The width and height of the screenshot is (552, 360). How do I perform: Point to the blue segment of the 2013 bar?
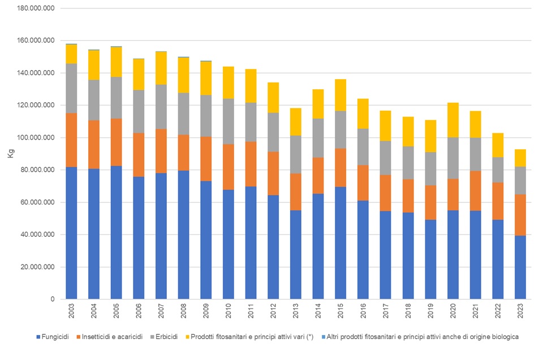coord(295,254)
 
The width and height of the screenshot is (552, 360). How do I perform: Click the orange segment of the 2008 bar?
coord(183,153)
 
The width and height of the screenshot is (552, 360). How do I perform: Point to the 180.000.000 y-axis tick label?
coord(34,8)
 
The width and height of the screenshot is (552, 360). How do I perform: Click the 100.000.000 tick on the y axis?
coord(34,138)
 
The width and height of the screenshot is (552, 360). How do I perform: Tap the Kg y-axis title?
coord(10,154)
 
